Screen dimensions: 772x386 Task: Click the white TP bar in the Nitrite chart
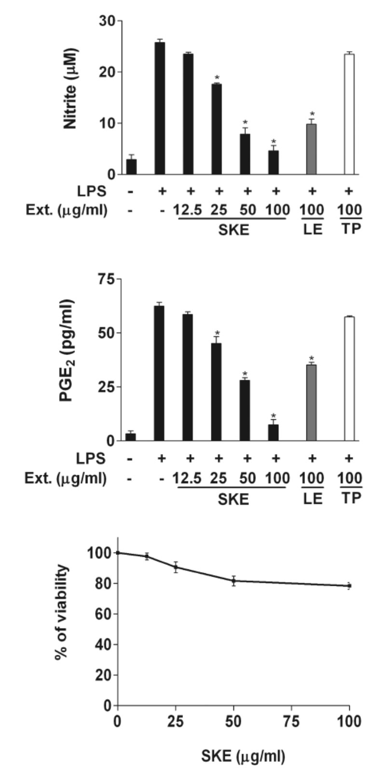pos(349,114)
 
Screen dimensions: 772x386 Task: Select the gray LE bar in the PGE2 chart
pos(312,402)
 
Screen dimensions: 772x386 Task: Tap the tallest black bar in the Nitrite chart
pos(160,108)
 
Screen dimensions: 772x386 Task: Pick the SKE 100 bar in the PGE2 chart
pos(273,432)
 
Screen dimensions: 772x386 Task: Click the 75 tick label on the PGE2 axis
pos(107,280)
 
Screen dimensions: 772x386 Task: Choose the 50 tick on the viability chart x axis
pos(234,721)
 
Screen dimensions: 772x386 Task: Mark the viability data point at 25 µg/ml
pos(176,566)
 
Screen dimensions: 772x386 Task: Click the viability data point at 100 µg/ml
pos(349,586)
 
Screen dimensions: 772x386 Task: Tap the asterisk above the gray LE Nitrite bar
pos(312,114)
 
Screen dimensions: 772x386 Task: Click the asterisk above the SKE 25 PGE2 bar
pos(217,333)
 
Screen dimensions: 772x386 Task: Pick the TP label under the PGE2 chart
pos(351,498)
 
